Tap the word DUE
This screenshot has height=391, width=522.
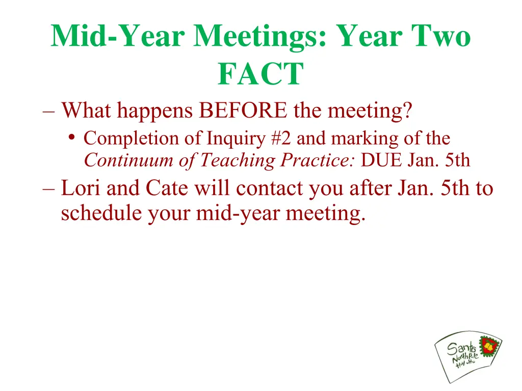tap(382, 160)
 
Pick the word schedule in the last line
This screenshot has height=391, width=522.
tap(102, 213)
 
